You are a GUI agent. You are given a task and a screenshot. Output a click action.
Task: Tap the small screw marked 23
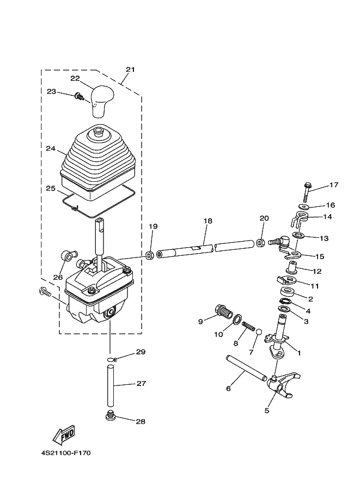coord(80,97)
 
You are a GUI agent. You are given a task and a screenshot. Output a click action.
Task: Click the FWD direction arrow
coord(63,433)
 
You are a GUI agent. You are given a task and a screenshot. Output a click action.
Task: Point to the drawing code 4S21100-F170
coord(69,452)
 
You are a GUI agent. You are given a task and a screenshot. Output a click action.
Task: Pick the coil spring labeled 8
coord(248,326)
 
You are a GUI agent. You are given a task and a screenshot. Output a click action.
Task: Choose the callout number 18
coord(208,222)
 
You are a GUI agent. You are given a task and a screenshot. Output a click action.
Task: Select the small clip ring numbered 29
coord(111,359)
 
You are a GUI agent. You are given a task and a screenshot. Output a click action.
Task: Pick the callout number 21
coord(130,70)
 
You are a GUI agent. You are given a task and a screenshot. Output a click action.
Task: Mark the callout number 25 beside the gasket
coord(51,188)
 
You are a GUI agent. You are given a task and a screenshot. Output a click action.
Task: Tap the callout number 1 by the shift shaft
coord(298,352)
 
